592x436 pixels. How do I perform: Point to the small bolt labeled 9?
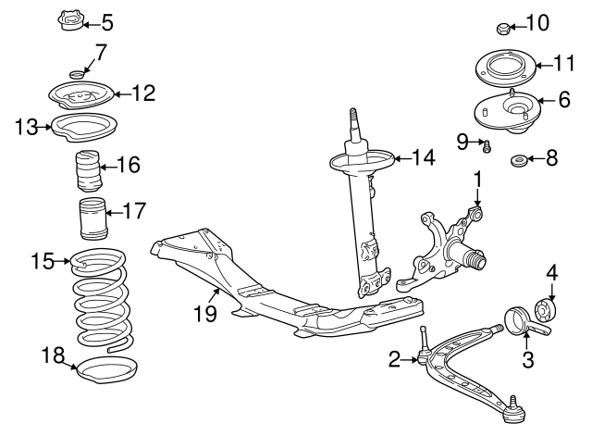tap(487, 144)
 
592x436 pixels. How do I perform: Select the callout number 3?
tap(528, 359)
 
